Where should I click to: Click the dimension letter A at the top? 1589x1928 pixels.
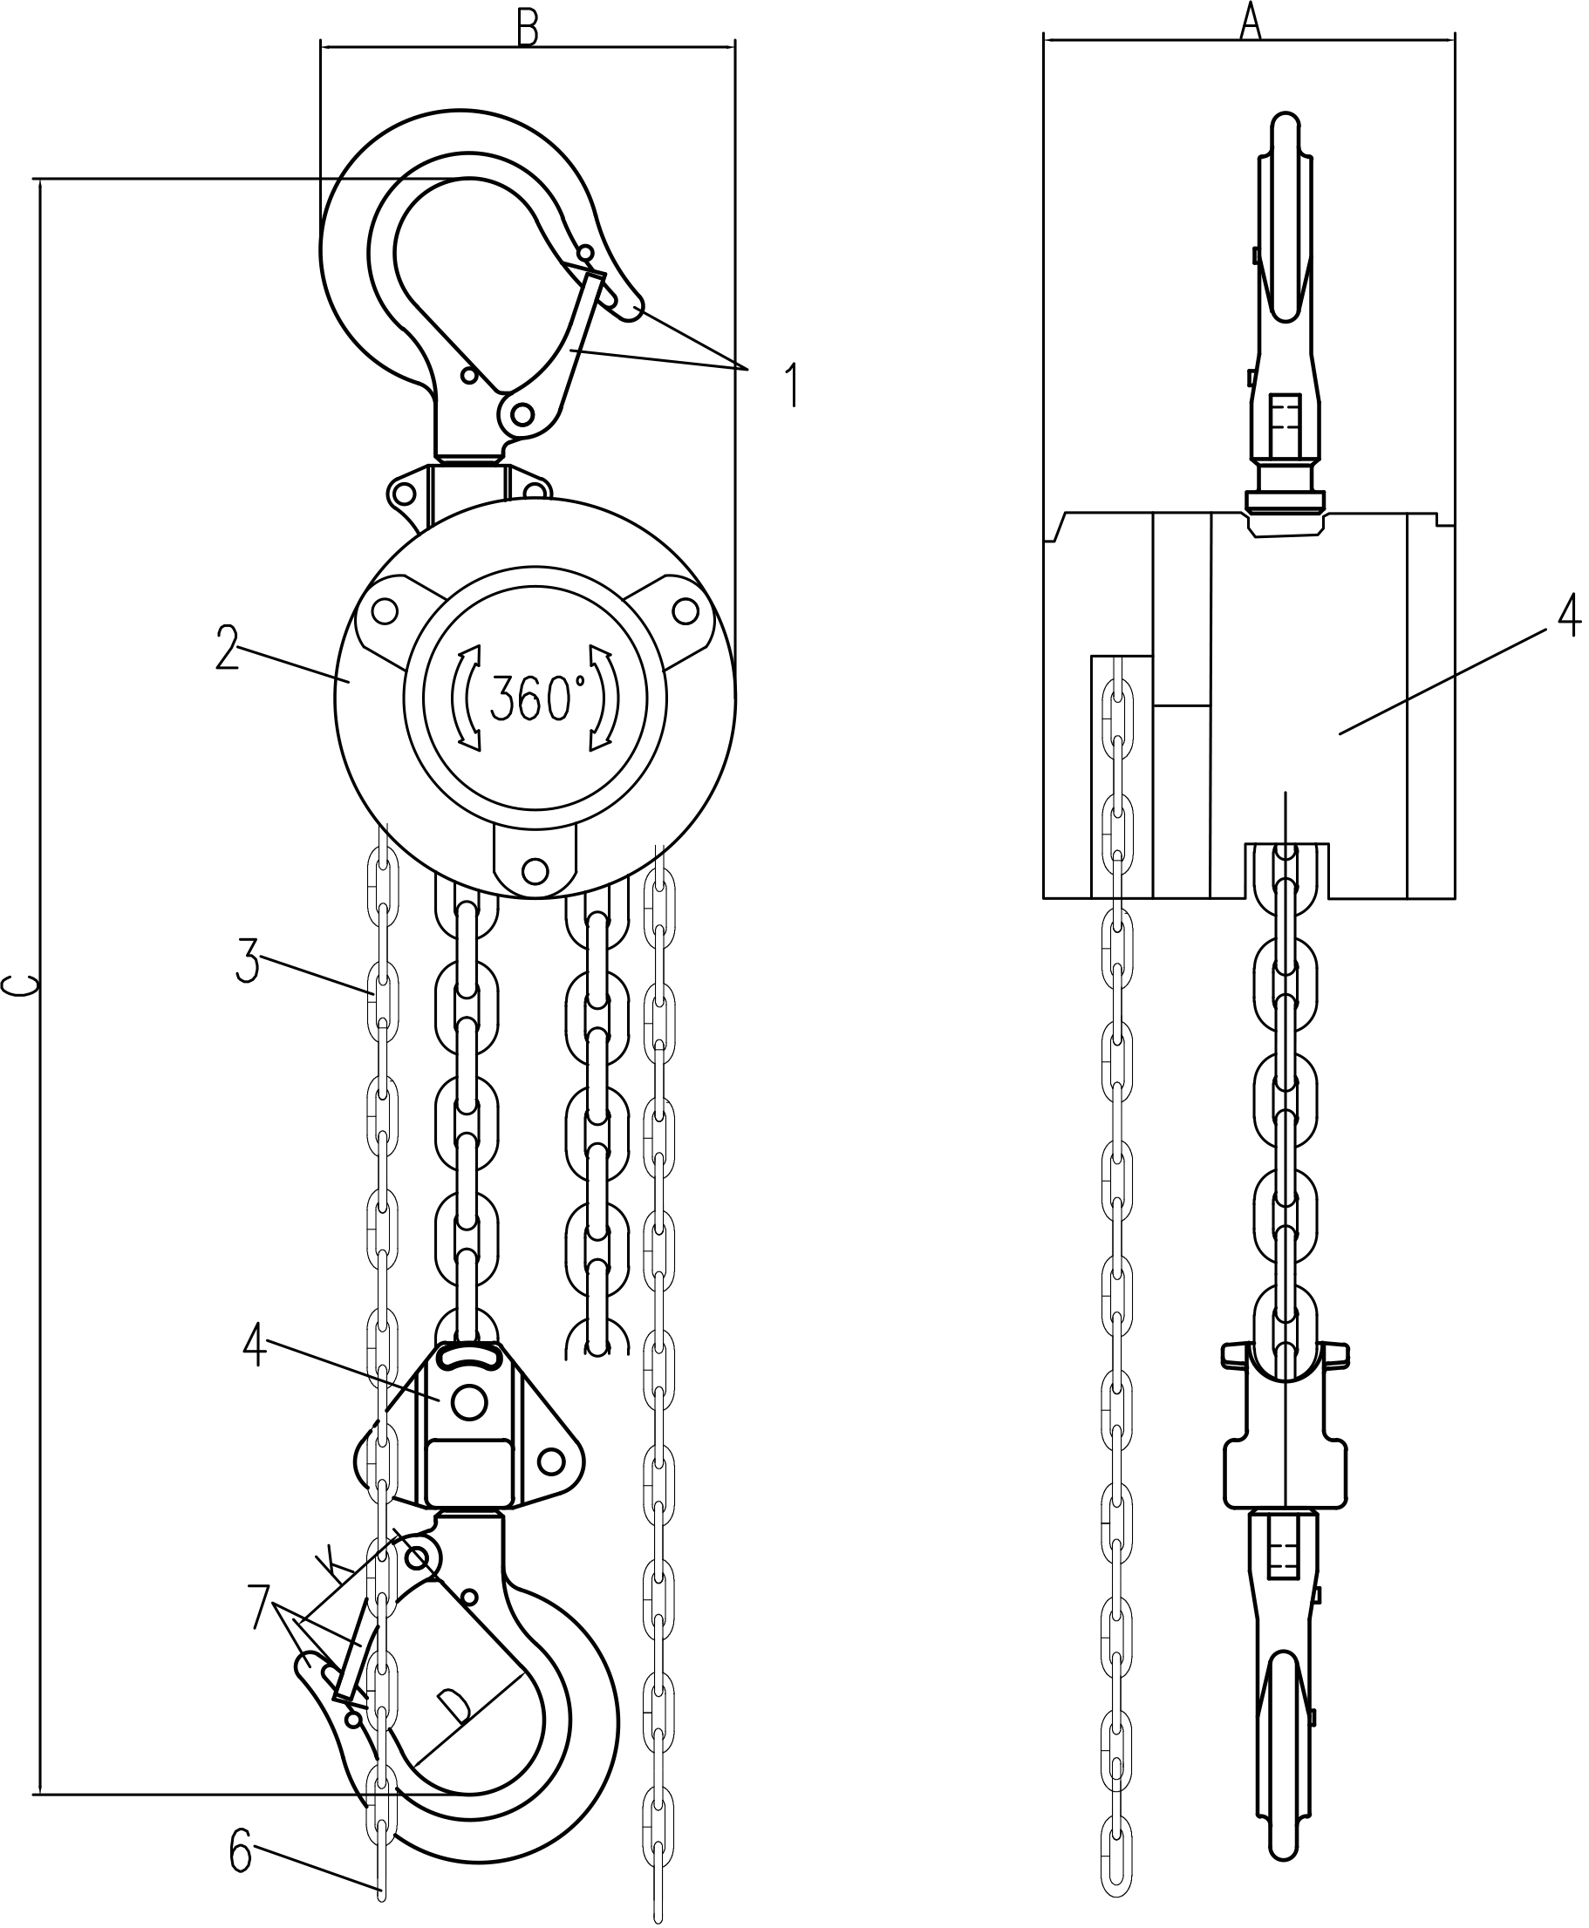click(1251, 21)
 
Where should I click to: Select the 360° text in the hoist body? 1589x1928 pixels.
click(533, 700)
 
